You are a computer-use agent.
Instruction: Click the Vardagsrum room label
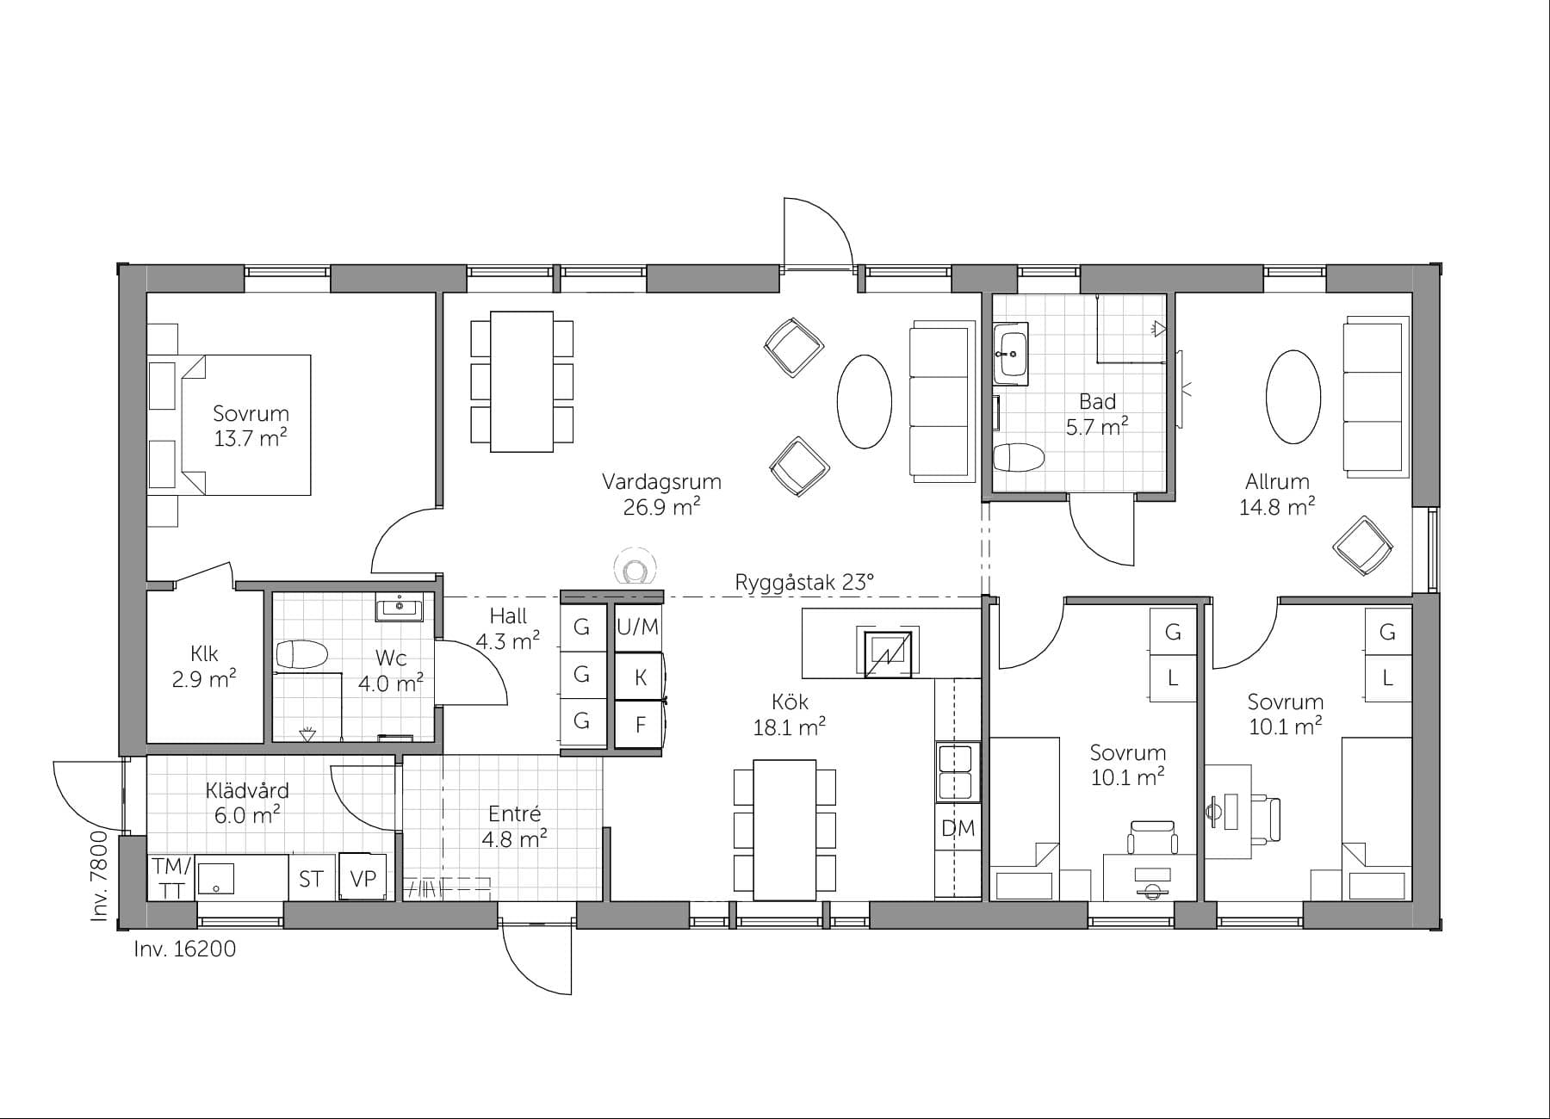click(x=660, y=482)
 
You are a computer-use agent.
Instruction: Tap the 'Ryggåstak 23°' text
click(x=803, y=583)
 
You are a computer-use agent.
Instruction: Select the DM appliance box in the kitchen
click(x=958, y=829)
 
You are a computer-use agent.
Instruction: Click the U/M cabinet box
click(x=637, y=628)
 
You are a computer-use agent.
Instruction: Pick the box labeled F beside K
click(x=640, y=725)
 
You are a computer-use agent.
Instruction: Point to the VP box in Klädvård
click(x=363, y=878)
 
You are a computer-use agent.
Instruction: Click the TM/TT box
click(x=171, y=878)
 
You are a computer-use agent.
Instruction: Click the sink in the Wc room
click(x=399, y=608)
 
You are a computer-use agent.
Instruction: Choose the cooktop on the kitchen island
click(x=887, y=653)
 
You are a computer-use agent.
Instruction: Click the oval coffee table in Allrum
click(x=1293, y=397)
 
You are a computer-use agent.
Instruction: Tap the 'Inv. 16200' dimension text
click(x=184, y=949)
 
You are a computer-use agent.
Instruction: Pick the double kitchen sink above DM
click(x=958, y=772)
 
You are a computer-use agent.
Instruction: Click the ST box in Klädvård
click(x=311, y=879)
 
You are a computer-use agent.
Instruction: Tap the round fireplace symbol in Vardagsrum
click(x=635, y=568)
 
